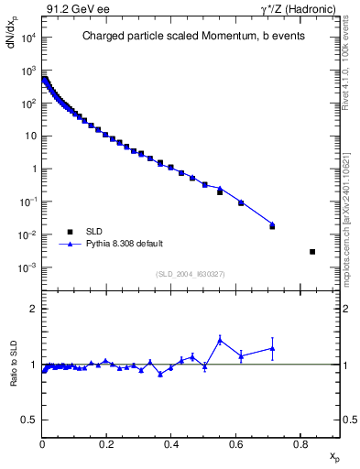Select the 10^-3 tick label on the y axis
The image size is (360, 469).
(29, 267)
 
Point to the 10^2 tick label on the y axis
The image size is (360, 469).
(29, 104)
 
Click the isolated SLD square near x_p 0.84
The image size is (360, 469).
(312, 252)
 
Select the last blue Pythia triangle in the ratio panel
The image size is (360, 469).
(273, 348)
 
